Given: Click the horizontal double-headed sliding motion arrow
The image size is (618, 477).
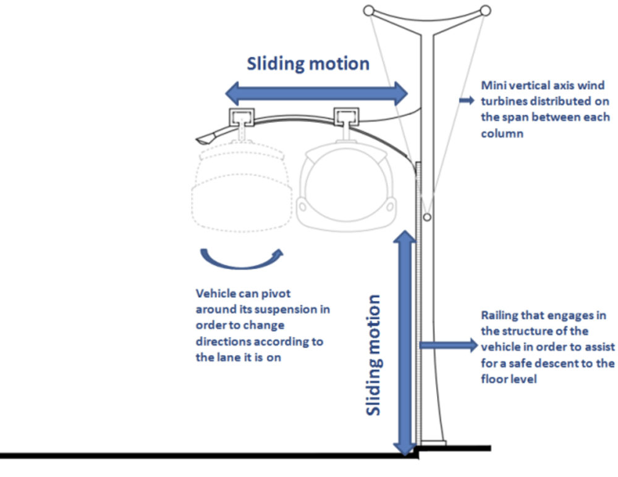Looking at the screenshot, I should point(315,94).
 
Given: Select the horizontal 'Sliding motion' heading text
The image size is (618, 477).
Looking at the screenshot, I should point(308,64).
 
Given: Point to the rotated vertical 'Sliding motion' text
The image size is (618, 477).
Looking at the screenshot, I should point(373,355).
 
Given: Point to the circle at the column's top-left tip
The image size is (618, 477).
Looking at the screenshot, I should point(368,11).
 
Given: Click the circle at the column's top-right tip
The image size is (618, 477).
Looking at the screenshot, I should point(486,11).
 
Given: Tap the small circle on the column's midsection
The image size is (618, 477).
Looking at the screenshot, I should point(426,217).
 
